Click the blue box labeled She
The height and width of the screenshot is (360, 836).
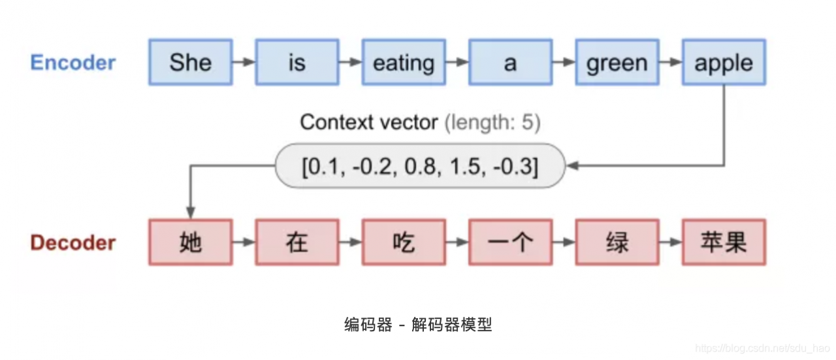pos(191,62)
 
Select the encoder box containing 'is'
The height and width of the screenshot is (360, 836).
pos(297,62)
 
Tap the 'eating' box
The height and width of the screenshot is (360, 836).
pos(404,62)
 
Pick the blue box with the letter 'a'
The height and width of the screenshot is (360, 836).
pos(511,62)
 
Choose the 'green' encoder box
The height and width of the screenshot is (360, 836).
pos(617,62)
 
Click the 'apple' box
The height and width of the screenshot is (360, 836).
pos(724,62)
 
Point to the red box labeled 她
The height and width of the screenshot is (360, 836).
pos(191,242)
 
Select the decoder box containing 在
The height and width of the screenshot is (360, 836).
pos(297,242)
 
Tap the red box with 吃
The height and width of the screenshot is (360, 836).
pos(404,242)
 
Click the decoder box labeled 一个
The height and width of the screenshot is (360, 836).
pos(511,242)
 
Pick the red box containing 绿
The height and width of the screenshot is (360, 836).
pos(617,242)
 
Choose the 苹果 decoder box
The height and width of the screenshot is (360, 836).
pos(724,242)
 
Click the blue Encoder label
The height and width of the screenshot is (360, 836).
pos(72,62)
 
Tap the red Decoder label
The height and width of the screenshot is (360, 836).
pos(72,243)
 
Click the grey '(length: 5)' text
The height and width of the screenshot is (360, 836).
pos(492,122)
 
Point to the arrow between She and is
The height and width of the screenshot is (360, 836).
pos(244,62)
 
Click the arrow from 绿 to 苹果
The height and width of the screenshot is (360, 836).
pos(671,242)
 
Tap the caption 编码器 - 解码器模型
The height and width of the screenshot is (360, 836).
pos(418,325)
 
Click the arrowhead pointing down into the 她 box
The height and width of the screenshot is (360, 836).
pos(191,212)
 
